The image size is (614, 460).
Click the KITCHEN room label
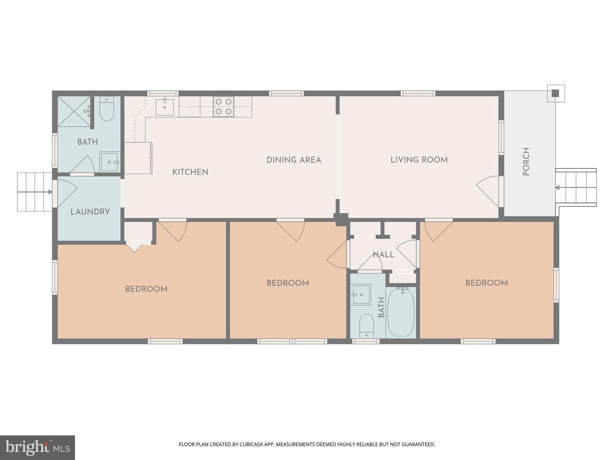(190, 172)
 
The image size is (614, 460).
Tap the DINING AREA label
(293, 160)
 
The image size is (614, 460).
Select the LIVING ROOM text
(419, 160)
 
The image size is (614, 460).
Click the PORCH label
(526, 162)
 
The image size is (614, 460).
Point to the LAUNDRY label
(90, 212)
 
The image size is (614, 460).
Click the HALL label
(383, 255)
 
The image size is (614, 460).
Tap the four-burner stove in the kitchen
(223, 107)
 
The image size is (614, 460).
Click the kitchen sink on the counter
(165, 107)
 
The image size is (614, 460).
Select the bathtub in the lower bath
(401, 313)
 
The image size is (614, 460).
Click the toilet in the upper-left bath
(107, 110)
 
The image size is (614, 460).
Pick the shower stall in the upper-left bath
(74, 112)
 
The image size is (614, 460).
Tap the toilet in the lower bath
(366, 325)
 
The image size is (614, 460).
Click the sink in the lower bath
(361, 294)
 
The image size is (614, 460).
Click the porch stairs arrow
(558, 187)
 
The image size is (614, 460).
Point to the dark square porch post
(555, 93)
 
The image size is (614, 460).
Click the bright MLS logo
(38, 447)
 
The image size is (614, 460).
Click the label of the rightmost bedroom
(486, 283)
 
